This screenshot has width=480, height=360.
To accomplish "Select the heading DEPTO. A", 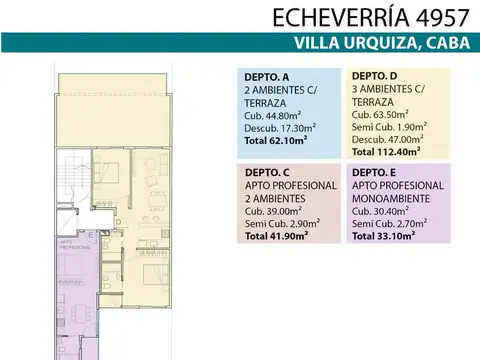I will pos(267,77).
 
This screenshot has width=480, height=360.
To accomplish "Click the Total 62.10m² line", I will pos(276,141).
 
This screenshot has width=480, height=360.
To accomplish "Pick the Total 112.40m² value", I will pos(386,154).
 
